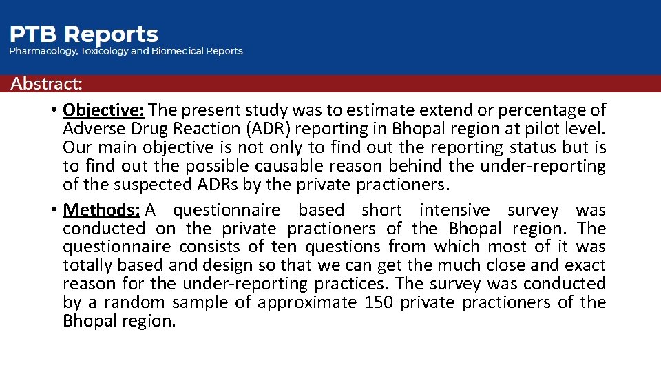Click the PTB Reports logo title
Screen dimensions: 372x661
[x=83, y=34]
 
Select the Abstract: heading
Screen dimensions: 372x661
[x=46, y=84]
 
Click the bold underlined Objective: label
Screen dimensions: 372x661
[x=103, y=110]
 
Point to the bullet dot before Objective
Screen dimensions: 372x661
[x=53, y=111]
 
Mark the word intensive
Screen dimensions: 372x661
[x=454, y=210]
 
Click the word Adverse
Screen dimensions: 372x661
[x=90, y=129]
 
